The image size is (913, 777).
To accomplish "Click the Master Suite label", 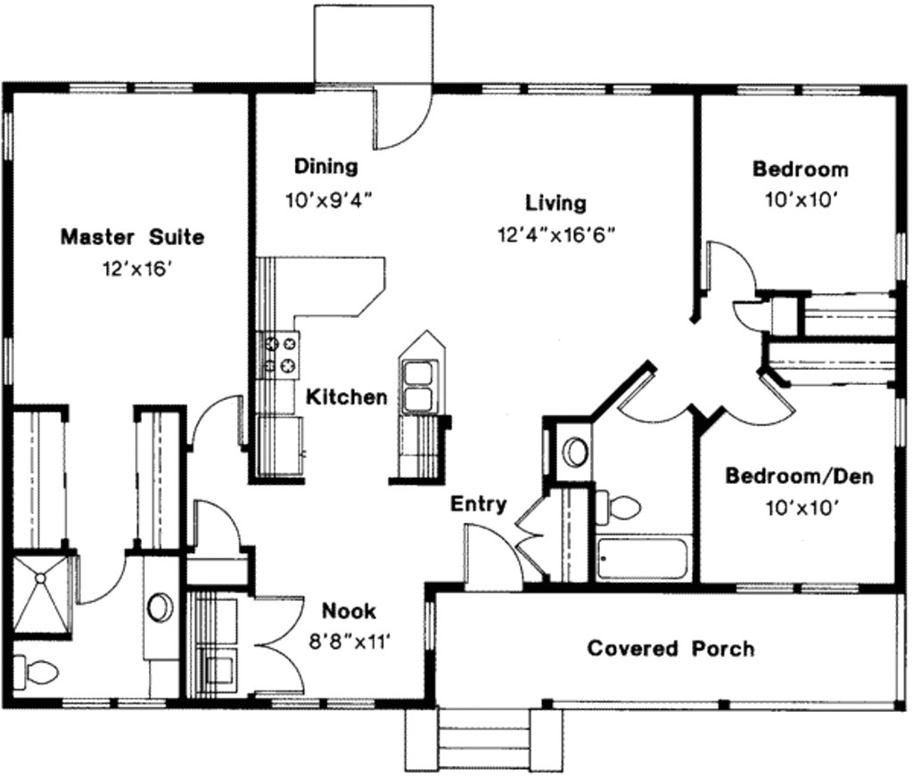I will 132,237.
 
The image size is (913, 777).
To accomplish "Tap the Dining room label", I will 326,166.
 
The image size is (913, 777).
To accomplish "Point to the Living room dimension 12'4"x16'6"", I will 557,234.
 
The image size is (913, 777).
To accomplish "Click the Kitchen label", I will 347,397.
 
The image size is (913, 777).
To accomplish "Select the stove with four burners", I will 278,352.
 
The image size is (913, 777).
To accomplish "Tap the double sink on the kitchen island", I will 417,384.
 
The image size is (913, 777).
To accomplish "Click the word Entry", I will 478,504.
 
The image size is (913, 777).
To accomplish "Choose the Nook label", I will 349,611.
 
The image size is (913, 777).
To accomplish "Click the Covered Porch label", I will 670,648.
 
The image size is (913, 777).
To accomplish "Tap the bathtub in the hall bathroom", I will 642,559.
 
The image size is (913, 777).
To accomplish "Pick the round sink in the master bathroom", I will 161,607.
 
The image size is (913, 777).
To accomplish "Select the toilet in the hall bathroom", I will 621,508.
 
